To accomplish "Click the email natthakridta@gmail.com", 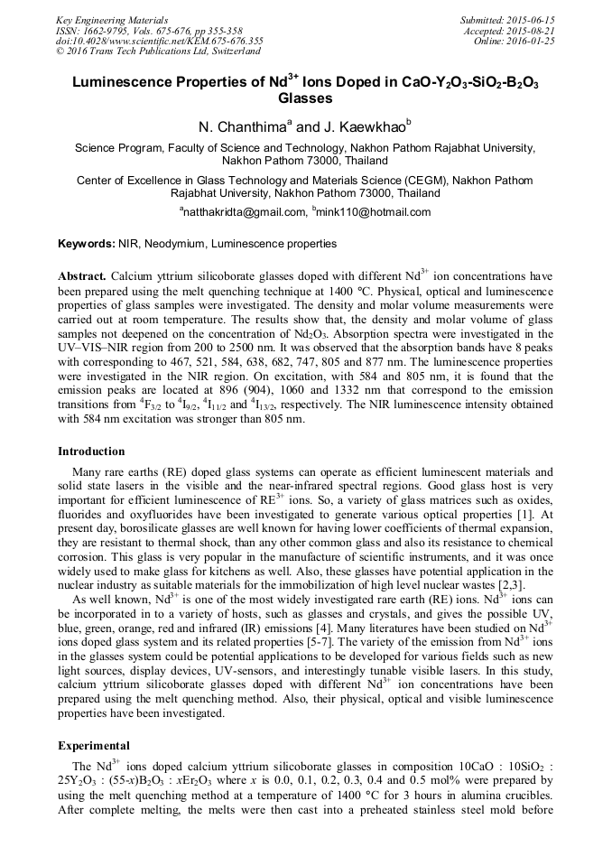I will coord(244,212).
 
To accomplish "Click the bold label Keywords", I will coord(86,244).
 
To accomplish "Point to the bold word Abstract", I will coord(82,275).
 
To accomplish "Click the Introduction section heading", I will coord(91,452).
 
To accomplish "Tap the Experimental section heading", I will coord(95,747).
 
